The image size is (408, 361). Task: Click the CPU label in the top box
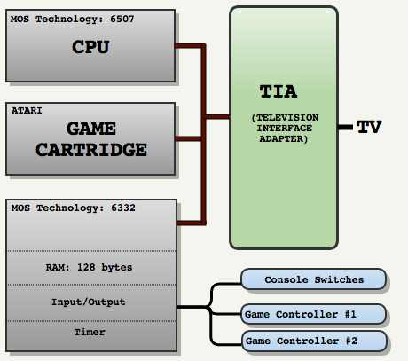(90, 47)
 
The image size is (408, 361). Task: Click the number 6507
(122, 20)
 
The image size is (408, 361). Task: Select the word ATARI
(27, 111)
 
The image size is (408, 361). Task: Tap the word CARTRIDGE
(91, 150)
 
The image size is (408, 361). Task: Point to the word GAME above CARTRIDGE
(91, 129)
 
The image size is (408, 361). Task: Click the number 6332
(123, 208)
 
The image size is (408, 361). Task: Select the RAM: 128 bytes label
(89, 267)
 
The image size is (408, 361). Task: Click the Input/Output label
(89, 302)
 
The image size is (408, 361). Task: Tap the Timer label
(90, 332)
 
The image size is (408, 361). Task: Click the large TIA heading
(279, 91)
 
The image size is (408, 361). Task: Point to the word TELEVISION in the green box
(287, 118)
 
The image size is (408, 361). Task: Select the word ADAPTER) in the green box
(284, 138)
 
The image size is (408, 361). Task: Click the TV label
(369, 127)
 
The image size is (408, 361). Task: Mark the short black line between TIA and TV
(345, 128)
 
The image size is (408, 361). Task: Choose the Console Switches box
(313, 279)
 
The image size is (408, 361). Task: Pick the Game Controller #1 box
(313, 314)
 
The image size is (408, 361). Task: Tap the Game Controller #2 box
(314, 341)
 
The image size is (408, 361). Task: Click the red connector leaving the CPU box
(189, 46)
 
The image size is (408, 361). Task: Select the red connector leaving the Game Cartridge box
(189, 138)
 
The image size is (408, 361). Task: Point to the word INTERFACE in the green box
(284, 129)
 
